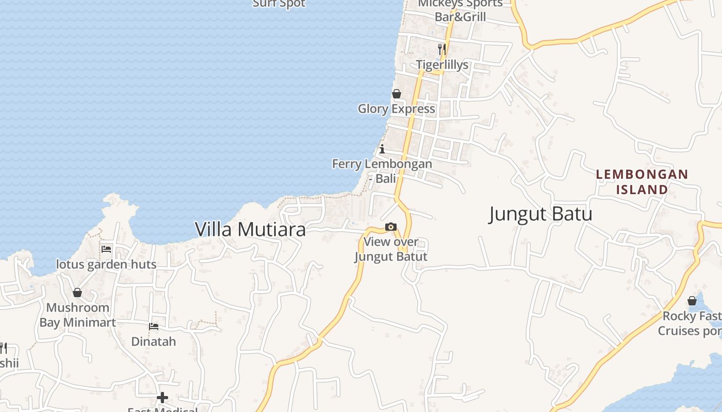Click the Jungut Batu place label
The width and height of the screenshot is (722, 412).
tap(540, 214)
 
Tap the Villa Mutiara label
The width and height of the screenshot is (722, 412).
tap(250, 230)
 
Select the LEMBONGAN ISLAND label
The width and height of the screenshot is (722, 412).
tap(642, 182)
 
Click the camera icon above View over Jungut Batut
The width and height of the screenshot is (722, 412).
tap(390, 227)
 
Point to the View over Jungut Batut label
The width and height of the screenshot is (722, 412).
tap(391, 249)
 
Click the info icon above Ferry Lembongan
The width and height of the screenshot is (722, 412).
tap(382, 150)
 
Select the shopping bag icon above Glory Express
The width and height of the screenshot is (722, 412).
tap(397, 94)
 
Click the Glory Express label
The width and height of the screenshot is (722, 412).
tap(397, 109)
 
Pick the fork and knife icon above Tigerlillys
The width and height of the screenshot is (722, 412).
tap(442, 49)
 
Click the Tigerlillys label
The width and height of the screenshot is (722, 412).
tap(442, 65)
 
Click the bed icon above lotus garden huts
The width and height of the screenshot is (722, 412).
tap(106, 249)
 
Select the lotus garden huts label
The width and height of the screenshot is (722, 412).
tap(106, 265)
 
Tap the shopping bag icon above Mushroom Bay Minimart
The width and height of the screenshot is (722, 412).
tap(77, 293)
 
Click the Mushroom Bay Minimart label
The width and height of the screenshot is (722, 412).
tap(78, 315)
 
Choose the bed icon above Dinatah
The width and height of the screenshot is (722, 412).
tap(154, 327)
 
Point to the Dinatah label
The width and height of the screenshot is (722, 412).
tap(154, 341)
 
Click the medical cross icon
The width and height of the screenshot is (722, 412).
tap(162, 398)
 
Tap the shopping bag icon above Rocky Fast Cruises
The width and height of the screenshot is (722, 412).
tap(692, 301)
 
